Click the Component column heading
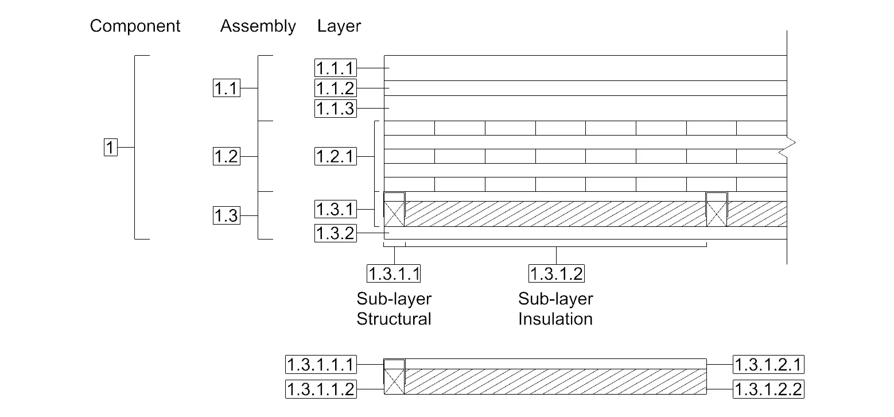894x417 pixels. pos(135,26)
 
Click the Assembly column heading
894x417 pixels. pos(258,26)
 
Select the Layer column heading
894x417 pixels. pos(339,26)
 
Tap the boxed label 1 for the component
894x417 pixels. pos(110,147)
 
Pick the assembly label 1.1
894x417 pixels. pos(226,89)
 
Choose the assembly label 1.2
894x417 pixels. pos(226,156)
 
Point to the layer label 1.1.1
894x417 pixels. pos(335,68)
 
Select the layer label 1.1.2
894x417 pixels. pos(335,88)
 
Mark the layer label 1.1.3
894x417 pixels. pos(335,108)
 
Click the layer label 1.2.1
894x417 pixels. pos(335,156)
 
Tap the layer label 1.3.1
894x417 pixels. pos(335,208)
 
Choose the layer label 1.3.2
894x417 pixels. pos(335,233)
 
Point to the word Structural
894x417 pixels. pos(394,319)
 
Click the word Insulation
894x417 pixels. pos(555,319)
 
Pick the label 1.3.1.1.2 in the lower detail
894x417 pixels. pos(321,389)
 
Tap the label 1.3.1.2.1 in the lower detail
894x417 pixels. pos(768,364)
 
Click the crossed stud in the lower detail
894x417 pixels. pos(394,381)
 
